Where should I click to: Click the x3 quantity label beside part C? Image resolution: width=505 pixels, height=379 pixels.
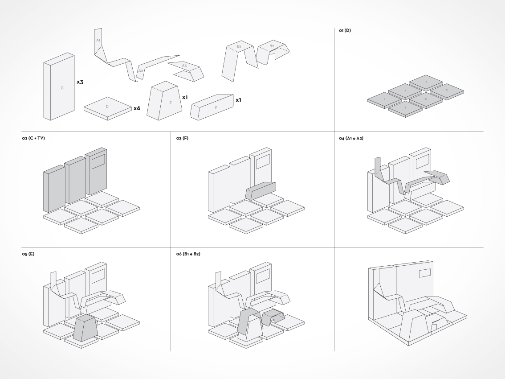[x=80, y=82]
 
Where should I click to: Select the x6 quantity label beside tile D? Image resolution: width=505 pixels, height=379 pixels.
[x=137, y=108]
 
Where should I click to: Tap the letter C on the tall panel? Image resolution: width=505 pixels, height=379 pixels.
[x=62, y=88]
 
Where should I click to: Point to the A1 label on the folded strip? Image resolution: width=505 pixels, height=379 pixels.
[x=98, y=41]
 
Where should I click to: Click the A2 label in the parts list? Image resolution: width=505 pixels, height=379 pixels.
[x=140, y=70]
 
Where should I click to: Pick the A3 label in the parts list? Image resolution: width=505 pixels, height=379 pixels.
[x=184, y=66]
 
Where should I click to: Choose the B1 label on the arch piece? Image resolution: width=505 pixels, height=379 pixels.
[x=239, y=46]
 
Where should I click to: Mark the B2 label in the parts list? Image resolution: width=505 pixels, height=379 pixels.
[x=272, y=46]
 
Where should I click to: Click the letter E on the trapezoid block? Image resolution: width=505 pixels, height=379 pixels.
[x=170, y=103]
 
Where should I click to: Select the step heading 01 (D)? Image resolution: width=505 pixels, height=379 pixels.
[x=345, y=31]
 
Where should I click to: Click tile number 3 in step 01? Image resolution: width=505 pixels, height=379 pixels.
[x=426, y=82]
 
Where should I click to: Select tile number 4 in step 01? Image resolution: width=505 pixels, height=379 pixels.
[x=405, y=107]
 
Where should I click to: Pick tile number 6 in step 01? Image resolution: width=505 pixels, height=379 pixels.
[x=447, y=90]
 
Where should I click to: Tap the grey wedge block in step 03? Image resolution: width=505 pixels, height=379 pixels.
[x=261, y=190]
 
